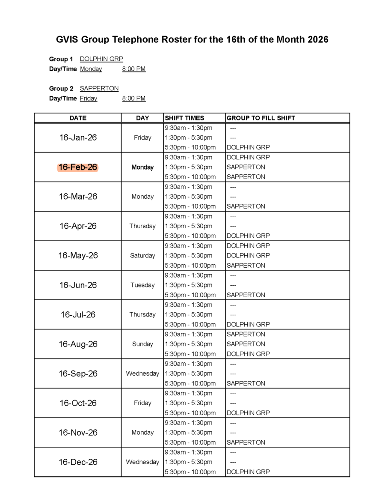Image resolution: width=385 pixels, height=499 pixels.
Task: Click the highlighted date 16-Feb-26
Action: [x=78, y=167]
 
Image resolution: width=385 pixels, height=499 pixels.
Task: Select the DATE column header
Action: [x=78, y=118]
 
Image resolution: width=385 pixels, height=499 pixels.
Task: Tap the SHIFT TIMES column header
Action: [x=184, y=118]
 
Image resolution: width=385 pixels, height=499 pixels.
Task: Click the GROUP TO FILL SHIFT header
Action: [x=261, y=118]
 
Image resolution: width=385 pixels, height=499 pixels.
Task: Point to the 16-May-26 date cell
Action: [x=78, y=256]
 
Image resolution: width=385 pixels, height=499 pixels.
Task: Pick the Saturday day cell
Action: [x=142, y=256]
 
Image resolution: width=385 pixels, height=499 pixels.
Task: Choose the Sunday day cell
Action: [x=142, y=344]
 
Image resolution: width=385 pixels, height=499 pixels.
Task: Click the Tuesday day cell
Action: [x=142, y=285]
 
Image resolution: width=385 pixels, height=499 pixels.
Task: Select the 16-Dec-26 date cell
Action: [x=78, y=462]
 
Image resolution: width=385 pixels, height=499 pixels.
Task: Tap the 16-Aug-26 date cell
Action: [x=78, y=344]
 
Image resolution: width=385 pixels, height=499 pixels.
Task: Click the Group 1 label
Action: [x=61, y=59]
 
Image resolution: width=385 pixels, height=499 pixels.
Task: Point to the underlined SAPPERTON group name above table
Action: [x=99, y=89]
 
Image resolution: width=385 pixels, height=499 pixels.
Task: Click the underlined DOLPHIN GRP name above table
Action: [x=101, y=59]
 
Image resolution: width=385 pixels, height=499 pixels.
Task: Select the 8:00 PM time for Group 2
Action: [x=133, y=99]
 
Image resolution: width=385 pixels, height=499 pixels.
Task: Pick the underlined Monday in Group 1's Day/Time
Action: [x=91, y=69]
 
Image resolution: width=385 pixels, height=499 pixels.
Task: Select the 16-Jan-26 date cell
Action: [x=78, y=137]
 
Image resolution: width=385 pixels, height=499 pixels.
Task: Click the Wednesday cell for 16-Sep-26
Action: [x=142, y=374]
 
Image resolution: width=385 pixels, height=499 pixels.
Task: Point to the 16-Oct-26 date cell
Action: [x=78, y=403]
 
